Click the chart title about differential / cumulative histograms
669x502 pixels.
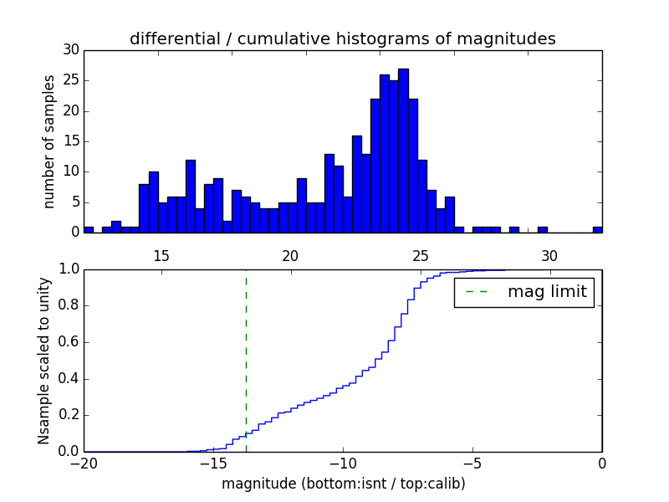(342, 39)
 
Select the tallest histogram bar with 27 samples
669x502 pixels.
(403, 151)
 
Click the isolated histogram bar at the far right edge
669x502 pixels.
(597, 229)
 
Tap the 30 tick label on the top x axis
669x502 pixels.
(549, 254)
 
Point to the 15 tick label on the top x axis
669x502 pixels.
(161, 254)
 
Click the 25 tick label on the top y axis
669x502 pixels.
(70, 81)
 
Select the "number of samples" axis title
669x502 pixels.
(49, 141)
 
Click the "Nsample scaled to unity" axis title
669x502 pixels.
(43, 361)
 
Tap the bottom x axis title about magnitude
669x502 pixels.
(343, 484)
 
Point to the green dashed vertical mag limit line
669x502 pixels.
(246, 351)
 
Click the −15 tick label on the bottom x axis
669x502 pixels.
(213, 464)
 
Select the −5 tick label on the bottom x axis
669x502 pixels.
(472, 464)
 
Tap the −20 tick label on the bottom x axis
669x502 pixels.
(84, 464)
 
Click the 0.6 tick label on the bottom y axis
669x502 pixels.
(68, 342)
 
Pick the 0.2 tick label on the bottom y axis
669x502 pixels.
(68, 415)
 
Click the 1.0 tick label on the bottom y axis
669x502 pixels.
(68, 269)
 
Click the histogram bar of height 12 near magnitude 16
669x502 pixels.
(191, 196)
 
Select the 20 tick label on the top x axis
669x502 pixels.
(291, 254)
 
